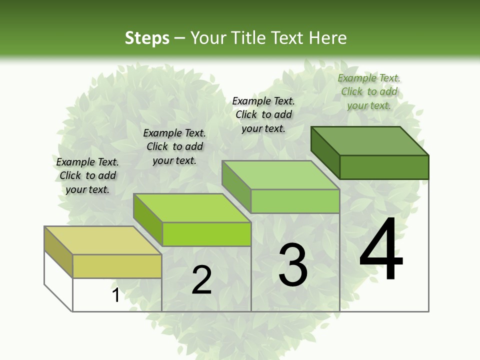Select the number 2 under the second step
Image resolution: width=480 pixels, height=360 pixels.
[x=201, y=280]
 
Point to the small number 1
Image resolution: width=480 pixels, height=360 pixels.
[x=115, y=295]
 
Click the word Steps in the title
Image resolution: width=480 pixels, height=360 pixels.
[x=147, y=38]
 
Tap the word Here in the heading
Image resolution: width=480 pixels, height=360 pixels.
[x=328, y=38]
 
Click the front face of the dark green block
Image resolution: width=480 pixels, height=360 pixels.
[x=384, y=167]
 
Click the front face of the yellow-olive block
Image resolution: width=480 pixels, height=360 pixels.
[x=117, y=266]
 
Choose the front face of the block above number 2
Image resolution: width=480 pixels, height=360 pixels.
[x=206, y=234]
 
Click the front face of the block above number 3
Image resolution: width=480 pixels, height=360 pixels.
[x=295, y=201]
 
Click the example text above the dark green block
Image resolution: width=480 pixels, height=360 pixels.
[x=369, y=91]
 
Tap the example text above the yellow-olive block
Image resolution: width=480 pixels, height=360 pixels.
[x=87, y=175]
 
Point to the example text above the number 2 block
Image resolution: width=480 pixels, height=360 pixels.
[x=174, y=146]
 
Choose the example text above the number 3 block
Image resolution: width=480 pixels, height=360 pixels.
[x=263, y=114]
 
